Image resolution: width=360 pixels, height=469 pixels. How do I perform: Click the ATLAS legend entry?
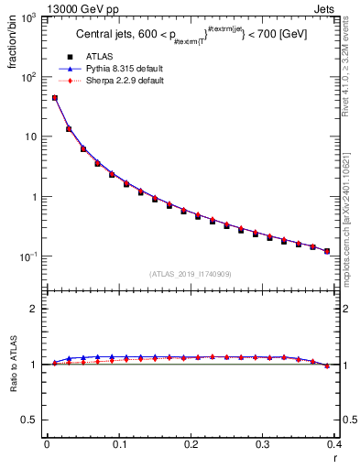tap(100, 57)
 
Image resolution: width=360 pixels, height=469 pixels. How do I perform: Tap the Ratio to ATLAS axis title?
tap(13, 365)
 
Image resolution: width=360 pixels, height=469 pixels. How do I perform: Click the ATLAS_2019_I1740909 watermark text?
tap(190, 273)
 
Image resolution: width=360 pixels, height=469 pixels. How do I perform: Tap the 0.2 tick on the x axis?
tap(191, 444)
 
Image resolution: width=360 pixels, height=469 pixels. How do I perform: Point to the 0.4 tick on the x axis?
tap(333, 444)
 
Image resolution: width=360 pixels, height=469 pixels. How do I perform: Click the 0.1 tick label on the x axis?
tap(119, 444)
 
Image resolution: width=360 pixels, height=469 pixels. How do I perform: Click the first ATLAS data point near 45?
tap(55, 98)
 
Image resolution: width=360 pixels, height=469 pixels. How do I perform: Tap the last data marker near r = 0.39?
tap(327, 251)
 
